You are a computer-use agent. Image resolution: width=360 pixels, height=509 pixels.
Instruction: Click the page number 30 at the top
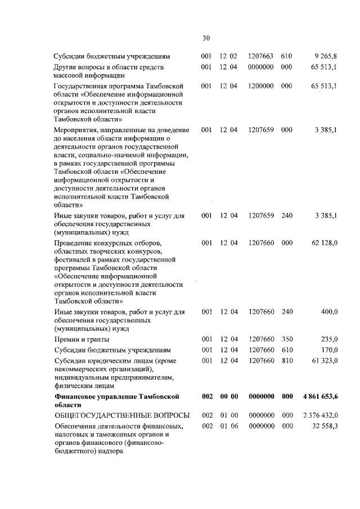(206, 38)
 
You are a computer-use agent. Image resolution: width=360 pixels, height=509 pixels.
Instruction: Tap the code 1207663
(261, 57)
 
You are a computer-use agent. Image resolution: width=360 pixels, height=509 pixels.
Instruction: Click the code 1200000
(261, 86)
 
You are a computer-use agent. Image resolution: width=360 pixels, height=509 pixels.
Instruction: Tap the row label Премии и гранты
(81, 339)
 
